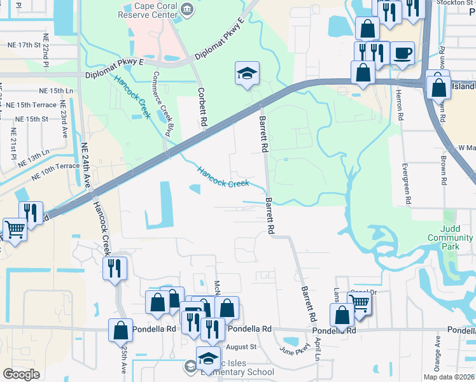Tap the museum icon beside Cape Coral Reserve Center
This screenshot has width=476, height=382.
(x=188, y=8)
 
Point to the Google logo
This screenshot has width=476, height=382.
(x=21, y=374)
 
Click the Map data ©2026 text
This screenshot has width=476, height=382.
(x=449, y=377)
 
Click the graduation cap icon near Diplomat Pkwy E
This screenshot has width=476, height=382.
(x=247, y=73)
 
